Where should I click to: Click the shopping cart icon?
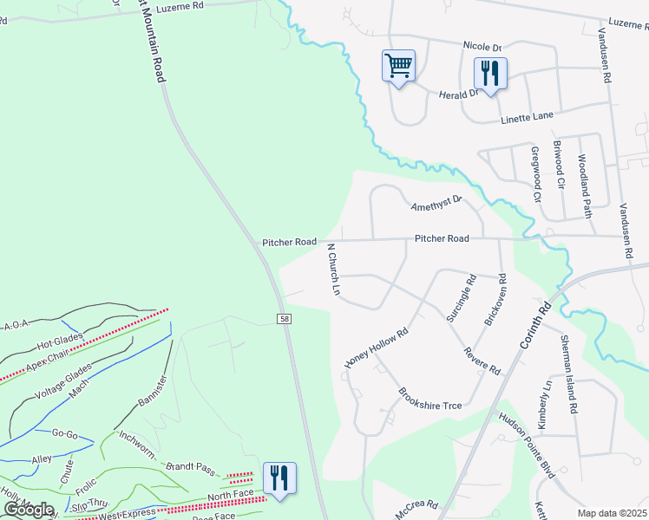[398, 66]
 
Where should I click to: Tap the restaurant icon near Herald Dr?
[490, 74]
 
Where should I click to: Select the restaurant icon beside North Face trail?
[279, 478]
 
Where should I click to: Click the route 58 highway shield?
[285, 320]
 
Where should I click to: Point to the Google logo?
[29, 510]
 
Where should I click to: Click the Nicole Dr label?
[482, 46]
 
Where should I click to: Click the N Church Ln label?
[332, 270]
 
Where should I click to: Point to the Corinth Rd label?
[535, 326]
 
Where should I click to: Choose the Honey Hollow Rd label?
[376, 348]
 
